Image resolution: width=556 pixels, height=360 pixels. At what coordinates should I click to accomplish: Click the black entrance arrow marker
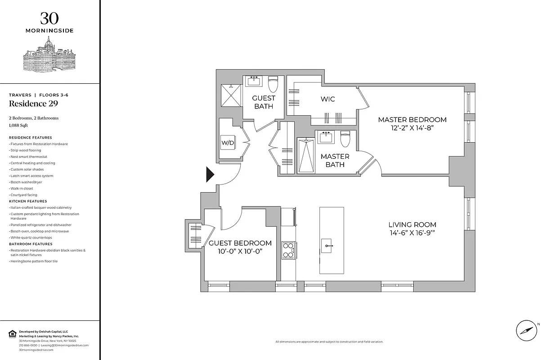[210, 174]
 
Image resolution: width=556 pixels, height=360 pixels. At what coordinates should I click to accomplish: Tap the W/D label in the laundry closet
[228, 143]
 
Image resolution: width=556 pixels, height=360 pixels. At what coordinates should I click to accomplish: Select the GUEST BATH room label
[264, 102]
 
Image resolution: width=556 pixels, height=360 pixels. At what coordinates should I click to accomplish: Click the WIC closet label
[327, 99]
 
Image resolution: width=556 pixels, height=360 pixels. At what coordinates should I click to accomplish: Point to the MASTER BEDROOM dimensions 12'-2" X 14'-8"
[412, 128]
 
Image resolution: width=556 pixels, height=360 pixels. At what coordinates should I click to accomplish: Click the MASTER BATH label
[335, 160]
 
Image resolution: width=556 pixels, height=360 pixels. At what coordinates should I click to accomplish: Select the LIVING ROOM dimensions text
[412, 233]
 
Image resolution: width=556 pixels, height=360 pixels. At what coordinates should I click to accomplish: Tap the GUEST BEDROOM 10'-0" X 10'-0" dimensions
[240, 251]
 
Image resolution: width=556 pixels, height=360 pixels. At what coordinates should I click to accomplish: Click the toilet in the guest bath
[273, 84]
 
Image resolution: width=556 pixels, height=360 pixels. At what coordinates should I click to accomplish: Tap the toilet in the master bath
[345, 139]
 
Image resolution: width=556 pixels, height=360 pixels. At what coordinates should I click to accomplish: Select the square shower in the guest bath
[230, 95]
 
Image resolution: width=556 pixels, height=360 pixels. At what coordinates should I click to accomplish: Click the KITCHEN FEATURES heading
[28, 201]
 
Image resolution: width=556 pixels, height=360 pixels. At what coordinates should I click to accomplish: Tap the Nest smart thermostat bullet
[28, 157]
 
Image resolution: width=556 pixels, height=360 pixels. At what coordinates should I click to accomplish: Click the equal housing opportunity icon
[12, 333]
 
